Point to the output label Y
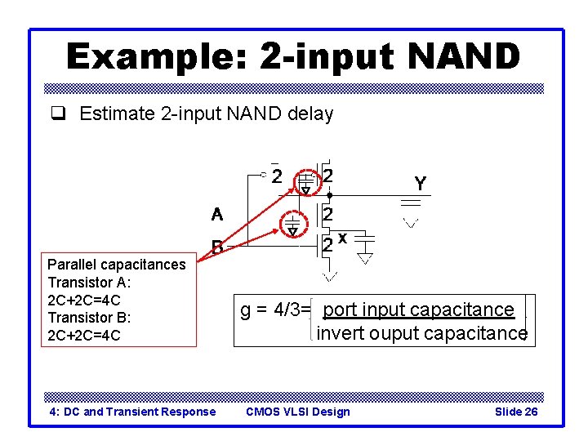click(420, 185)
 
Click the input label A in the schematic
click(216, 215)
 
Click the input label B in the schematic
click(218, 246)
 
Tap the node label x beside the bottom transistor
click(343, 238)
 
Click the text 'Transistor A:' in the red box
click(89, 282)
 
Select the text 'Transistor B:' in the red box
click(89, 317)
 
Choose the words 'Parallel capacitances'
click(117, 264)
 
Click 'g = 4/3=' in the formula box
click(275, 310)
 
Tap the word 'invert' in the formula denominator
click(341, 333)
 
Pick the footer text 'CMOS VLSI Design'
click(297, 412)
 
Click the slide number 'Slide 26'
click(516, 412)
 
